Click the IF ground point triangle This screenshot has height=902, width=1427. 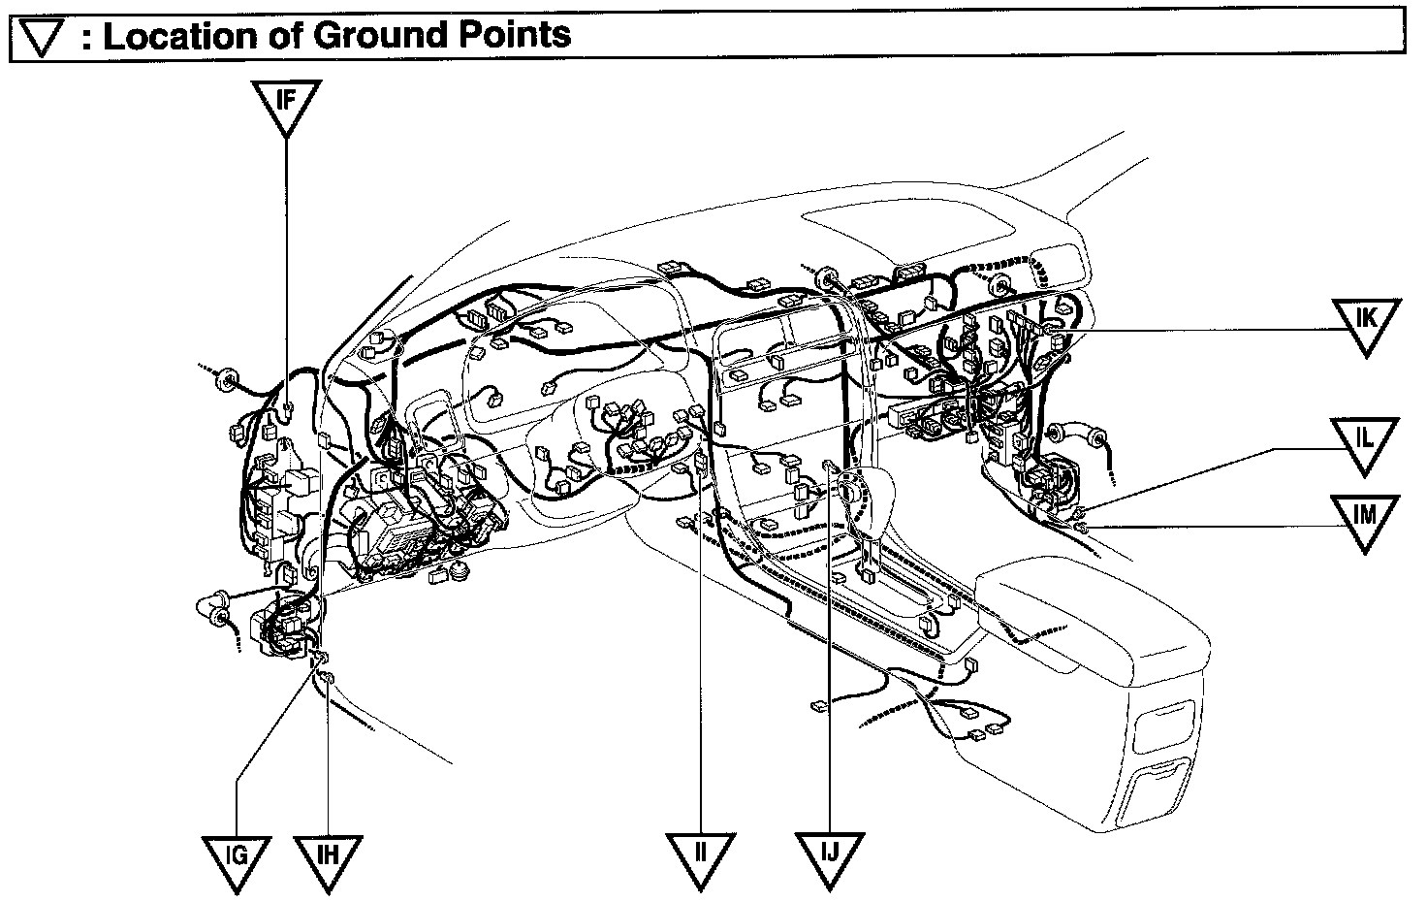[x=286, y=104]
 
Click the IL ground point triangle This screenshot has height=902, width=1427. [x=1364, y=441]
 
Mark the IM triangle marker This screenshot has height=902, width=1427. [x=1364, y=518]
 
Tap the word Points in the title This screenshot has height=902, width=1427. [x=515, y=36]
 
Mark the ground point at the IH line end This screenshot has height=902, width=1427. [x=328, y=676]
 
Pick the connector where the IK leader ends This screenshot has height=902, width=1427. [x=1055, y=331]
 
